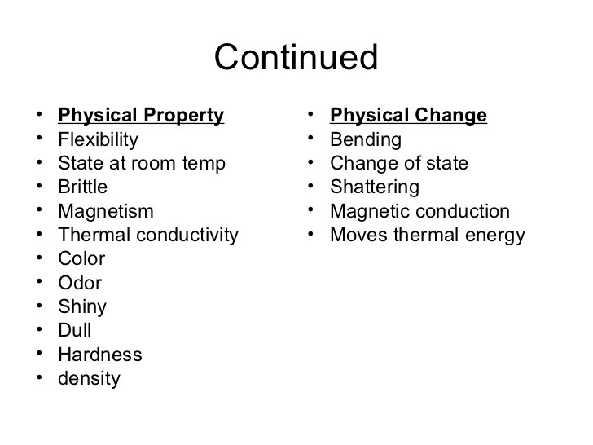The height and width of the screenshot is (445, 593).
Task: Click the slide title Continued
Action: click(296, 57)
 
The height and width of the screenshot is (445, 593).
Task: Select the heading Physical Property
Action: click(141, 116)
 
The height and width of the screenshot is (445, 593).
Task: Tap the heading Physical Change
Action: click(408, 116)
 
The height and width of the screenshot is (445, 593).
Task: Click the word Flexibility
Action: click(99, 140)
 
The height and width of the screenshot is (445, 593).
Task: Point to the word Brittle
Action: click(83, 187)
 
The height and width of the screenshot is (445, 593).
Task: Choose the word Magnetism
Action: click(106, 211)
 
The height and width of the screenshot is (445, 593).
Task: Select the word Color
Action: click(81, 259)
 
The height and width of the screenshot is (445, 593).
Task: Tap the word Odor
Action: click(80, 283)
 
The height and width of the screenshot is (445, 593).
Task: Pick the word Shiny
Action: click(82, 307)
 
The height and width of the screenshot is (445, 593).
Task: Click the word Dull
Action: click(75, 330)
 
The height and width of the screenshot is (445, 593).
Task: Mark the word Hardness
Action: click(100, 355)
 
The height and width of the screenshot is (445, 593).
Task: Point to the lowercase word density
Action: click(90, 379)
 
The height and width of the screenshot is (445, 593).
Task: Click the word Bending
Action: click(366, 140)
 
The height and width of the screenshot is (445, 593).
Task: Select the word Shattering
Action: click(375, 187)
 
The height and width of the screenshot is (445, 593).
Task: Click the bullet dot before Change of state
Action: click(310, 162)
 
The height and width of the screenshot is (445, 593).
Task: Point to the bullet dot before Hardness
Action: click(39, 354)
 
